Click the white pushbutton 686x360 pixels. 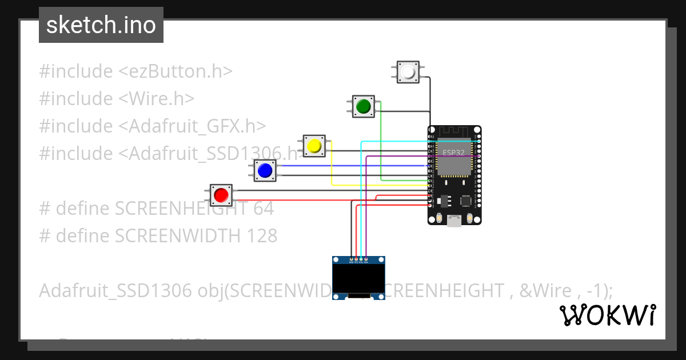[x=408, y=73]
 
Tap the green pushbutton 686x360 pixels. [x=363, y=106]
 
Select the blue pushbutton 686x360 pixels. [x=265, y=170]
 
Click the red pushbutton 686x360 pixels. [x=221, y=195]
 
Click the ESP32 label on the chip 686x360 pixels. [x=454, y=153]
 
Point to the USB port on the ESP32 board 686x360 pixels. [x=454, y=221]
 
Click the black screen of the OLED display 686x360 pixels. [x=358, y=278]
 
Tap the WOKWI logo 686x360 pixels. [x=607, y=315]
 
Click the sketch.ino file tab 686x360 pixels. [x=101, y=25]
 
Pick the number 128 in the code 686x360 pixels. [x=261, y=235]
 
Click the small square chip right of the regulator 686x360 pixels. [x=466, y=201]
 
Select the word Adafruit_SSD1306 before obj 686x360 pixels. [x=115, y=291]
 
